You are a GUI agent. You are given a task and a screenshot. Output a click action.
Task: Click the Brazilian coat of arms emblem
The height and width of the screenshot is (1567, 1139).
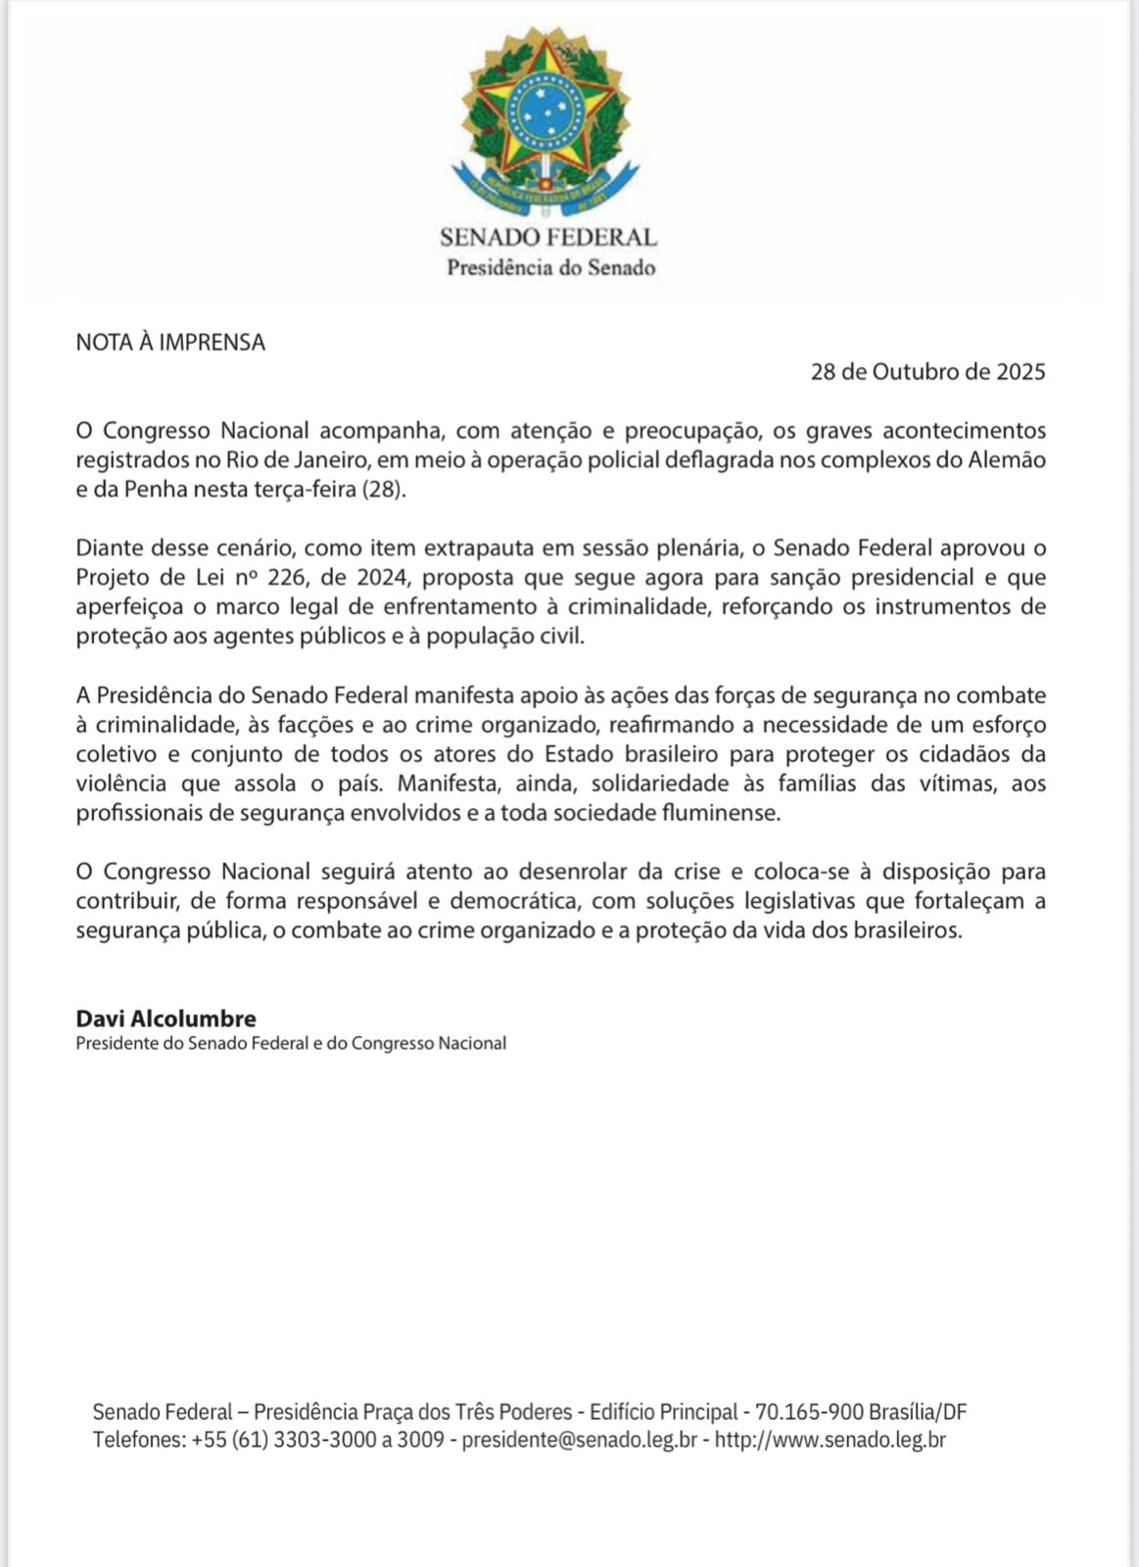click(545, 122)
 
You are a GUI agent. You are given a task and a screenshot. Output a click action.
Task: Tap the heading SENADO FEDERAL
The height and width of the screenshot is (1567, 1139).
click(547, 237)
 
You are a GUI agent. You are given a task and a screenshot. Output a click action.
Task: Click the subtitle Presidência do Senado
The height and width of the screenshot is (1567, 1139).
click(550, 267)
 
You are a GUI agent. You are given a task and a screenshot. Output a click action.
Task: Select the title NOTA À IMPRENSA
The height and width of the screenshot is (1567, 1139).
click(170, 343)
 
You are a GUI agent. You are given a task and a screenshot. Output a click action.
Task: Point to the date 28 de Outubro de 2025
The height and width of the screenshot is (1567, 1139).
click(927, 372)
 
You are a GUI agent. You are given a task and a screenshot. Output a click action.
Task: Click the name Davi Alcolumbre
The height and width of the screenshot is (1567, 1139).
click(166, 1019)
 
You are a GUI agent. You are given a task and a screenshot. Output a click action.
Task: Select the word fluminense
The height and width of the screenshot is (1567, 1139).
click(723, 813)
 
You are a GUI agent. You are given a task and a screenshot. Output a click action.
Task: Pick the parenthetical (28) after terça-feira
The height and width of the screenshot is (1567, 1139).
click(384, 490)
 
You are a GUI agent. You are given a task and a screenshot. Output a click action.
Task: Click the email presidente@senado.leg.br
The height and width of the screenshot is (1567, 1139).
click(579, 1440)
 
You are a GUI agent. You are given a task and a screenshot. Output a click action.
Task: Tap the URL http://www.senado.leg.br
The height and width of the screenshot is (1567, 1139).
click(831, 1440)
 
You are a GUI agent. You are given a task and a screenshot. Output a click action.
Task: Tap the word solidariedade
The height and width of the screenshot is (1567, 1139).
click(660, 783)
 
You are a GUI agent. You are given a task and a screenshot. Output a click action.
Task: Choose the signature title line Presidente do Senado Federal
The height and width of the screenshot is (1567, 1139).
click(290, 1044)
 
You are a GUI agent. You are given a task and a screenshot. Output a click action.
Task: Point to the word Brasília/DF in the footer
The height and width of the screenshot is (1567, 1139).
click(917, 1412)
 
